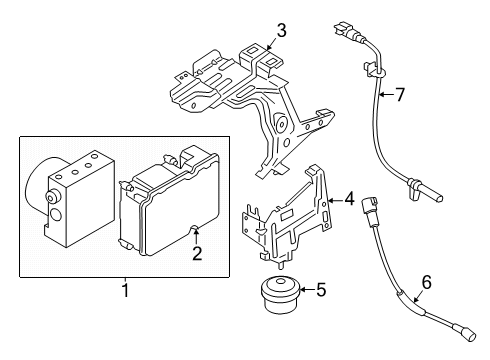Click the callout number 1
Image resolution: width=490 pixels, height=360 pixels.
point(125,290)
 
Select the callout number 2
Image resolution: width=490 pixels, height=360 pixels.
point(197,254)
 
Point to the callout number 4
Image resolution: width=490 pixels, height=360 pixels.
point(349,199)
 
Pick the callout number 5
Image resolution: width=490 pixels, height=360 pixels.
point(320,291)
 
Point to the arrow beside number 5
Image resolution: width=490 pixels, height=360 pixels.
point(302,291)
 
